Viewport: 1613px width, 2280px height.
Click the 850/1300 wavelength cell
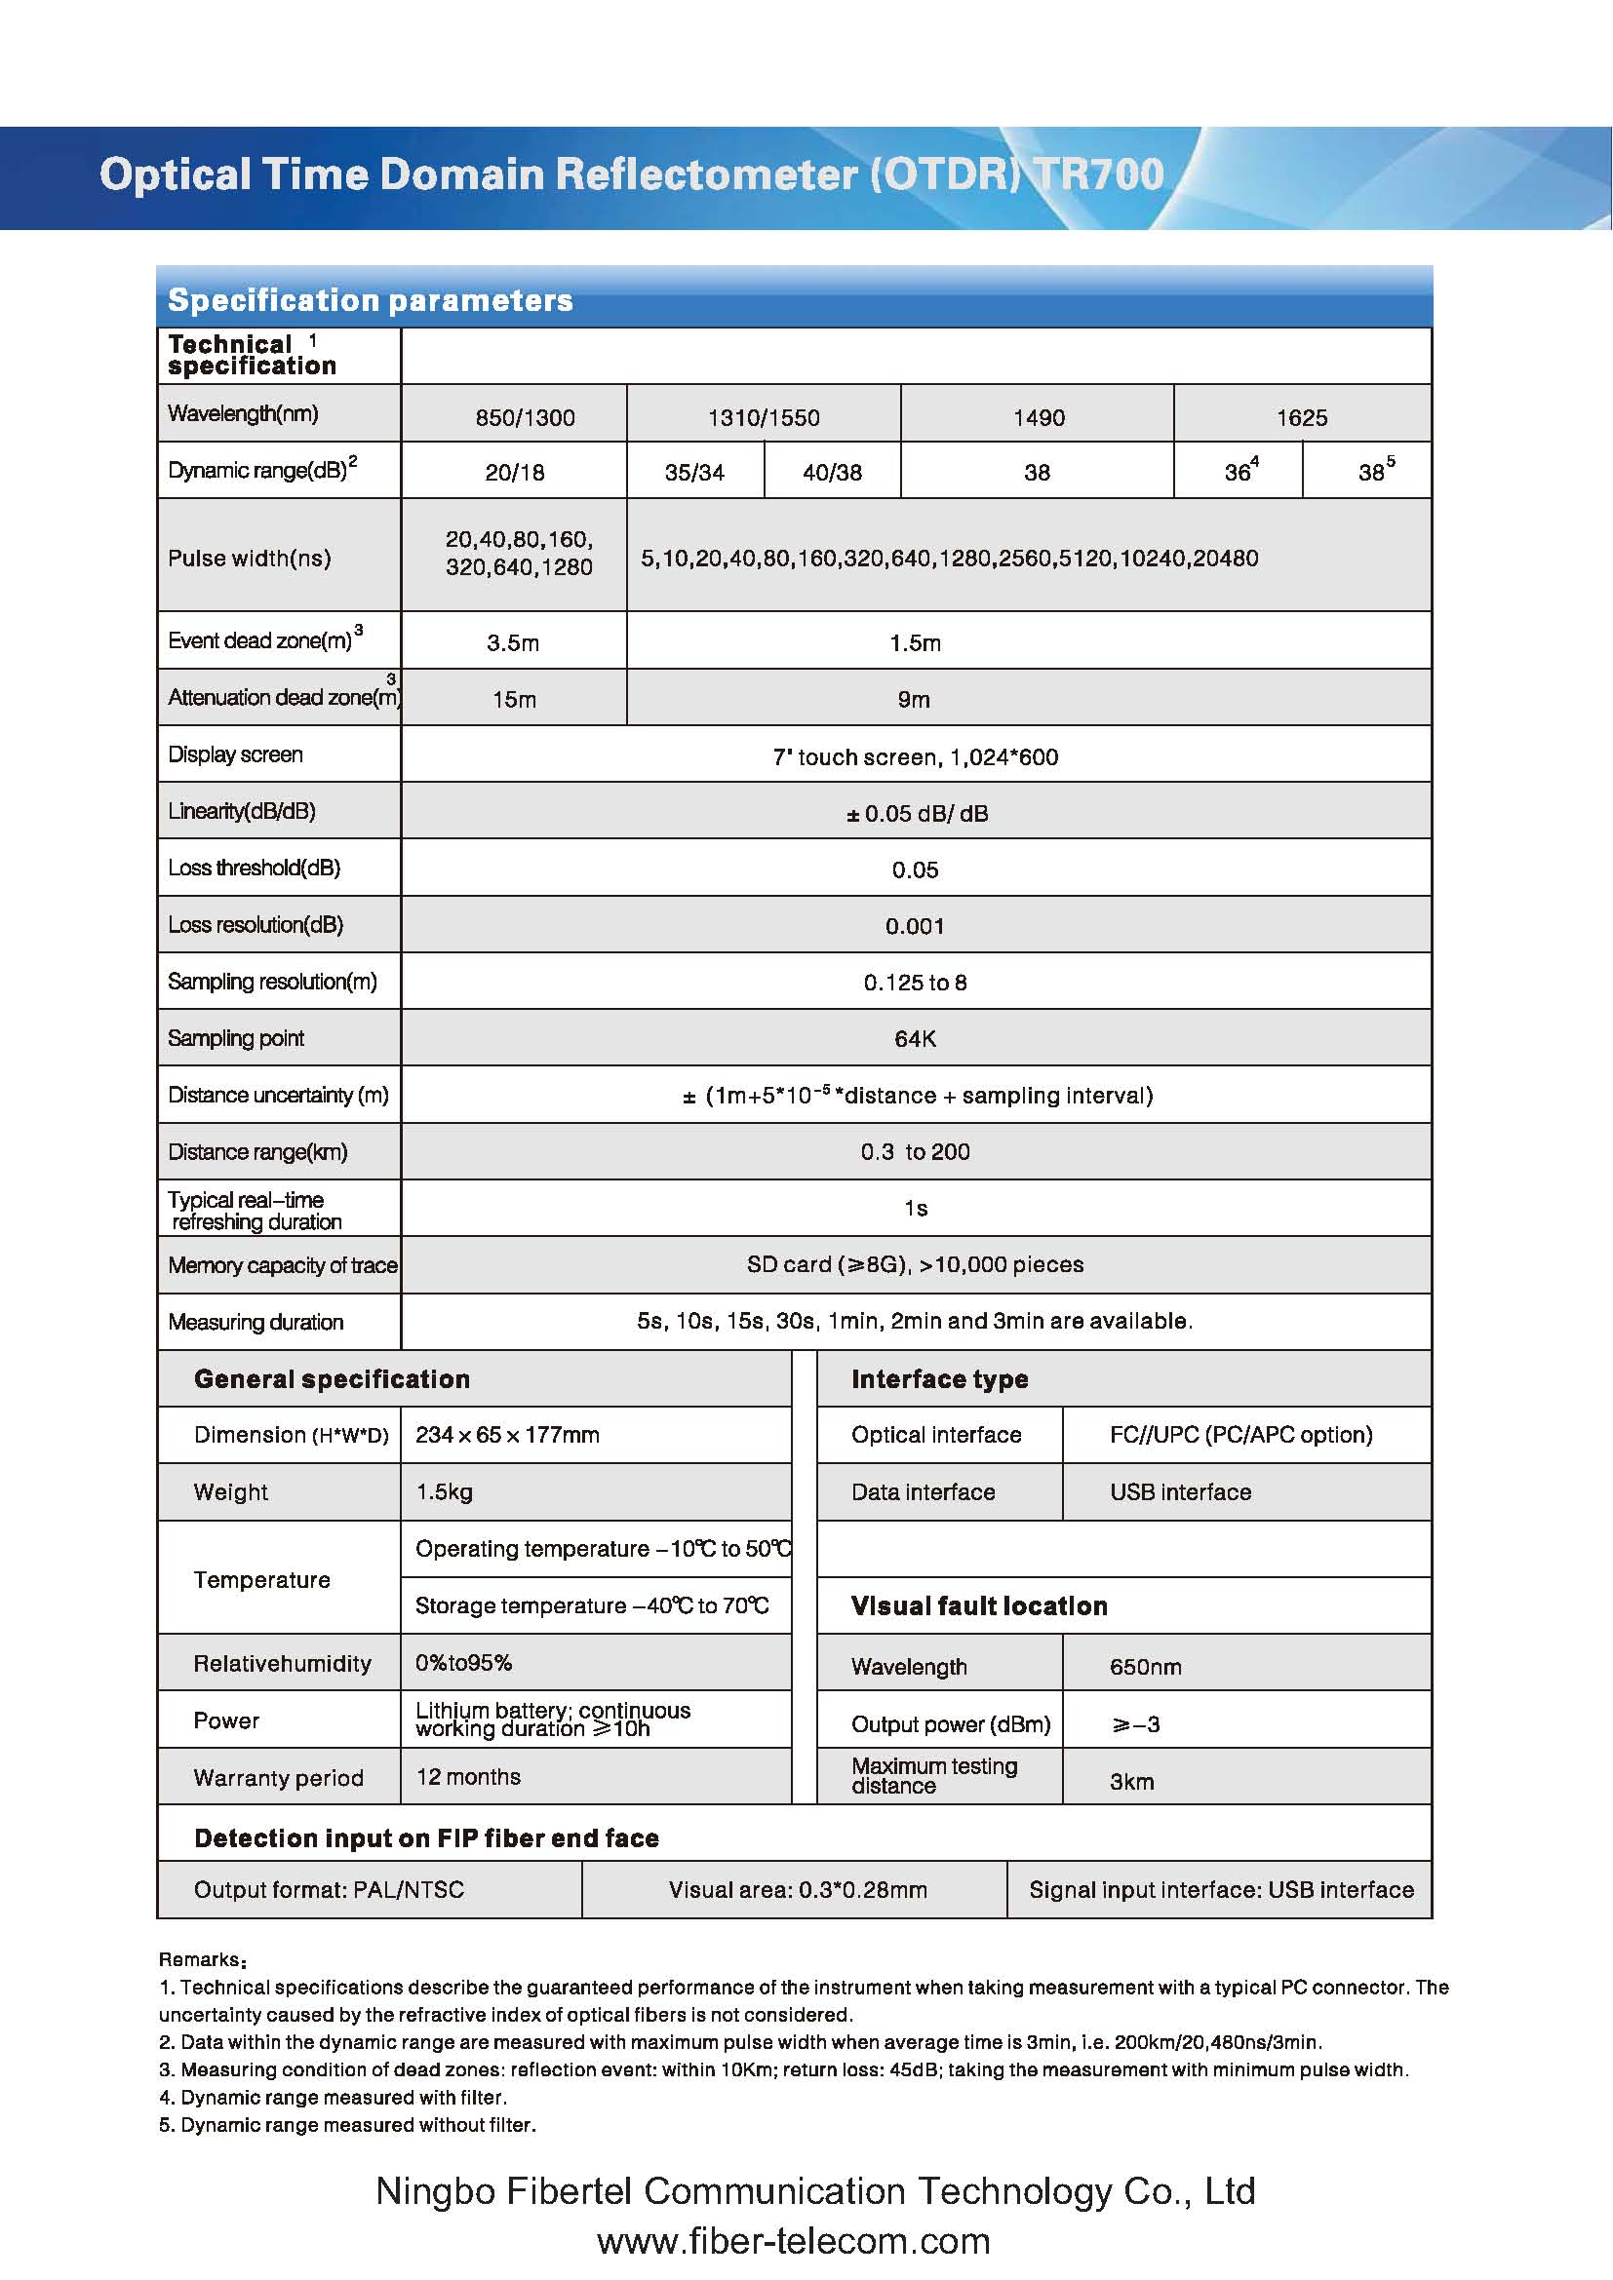(525, 417)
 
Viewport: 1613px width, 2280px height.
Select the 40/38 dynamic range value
(832, 473)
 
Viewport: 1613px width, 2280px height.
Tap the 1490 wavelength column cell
(1038, 417)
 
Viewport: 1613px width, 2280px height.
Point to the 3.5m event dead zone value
(513, 642)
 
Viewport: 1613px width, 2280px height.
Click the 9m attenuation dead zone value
(914, 699)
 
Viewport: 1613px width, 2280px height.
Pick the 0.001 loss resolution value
(915, 926)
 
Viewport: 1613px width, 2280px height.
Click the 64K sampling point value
(915, 1039)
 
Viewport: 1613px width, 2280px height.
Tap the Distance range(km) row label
(257, 1152)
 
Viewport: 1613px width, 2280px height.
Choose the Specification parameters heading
(371, 300)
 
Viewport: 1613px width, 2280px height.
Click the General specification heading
(332, 1379)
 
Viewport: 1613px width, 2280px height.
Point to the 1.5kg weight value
(444, 1491)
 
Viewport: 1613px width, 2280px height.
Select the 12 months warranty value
(468, 1777)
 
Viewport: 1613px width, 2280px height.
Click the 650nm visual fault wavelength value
(1145, 1667)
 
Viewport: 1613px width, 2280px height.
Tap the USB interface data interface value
(1180, 1491)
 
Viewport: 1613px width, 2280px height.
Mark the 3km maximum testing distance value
(1131, 1782)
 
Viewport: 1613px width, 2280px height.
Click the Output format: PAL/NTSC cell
(329, 1890)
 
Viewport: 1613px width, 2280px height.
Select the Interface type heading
(939, 1379)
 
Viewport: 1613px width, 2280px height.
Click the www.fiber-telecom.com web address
(794, 2241)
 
